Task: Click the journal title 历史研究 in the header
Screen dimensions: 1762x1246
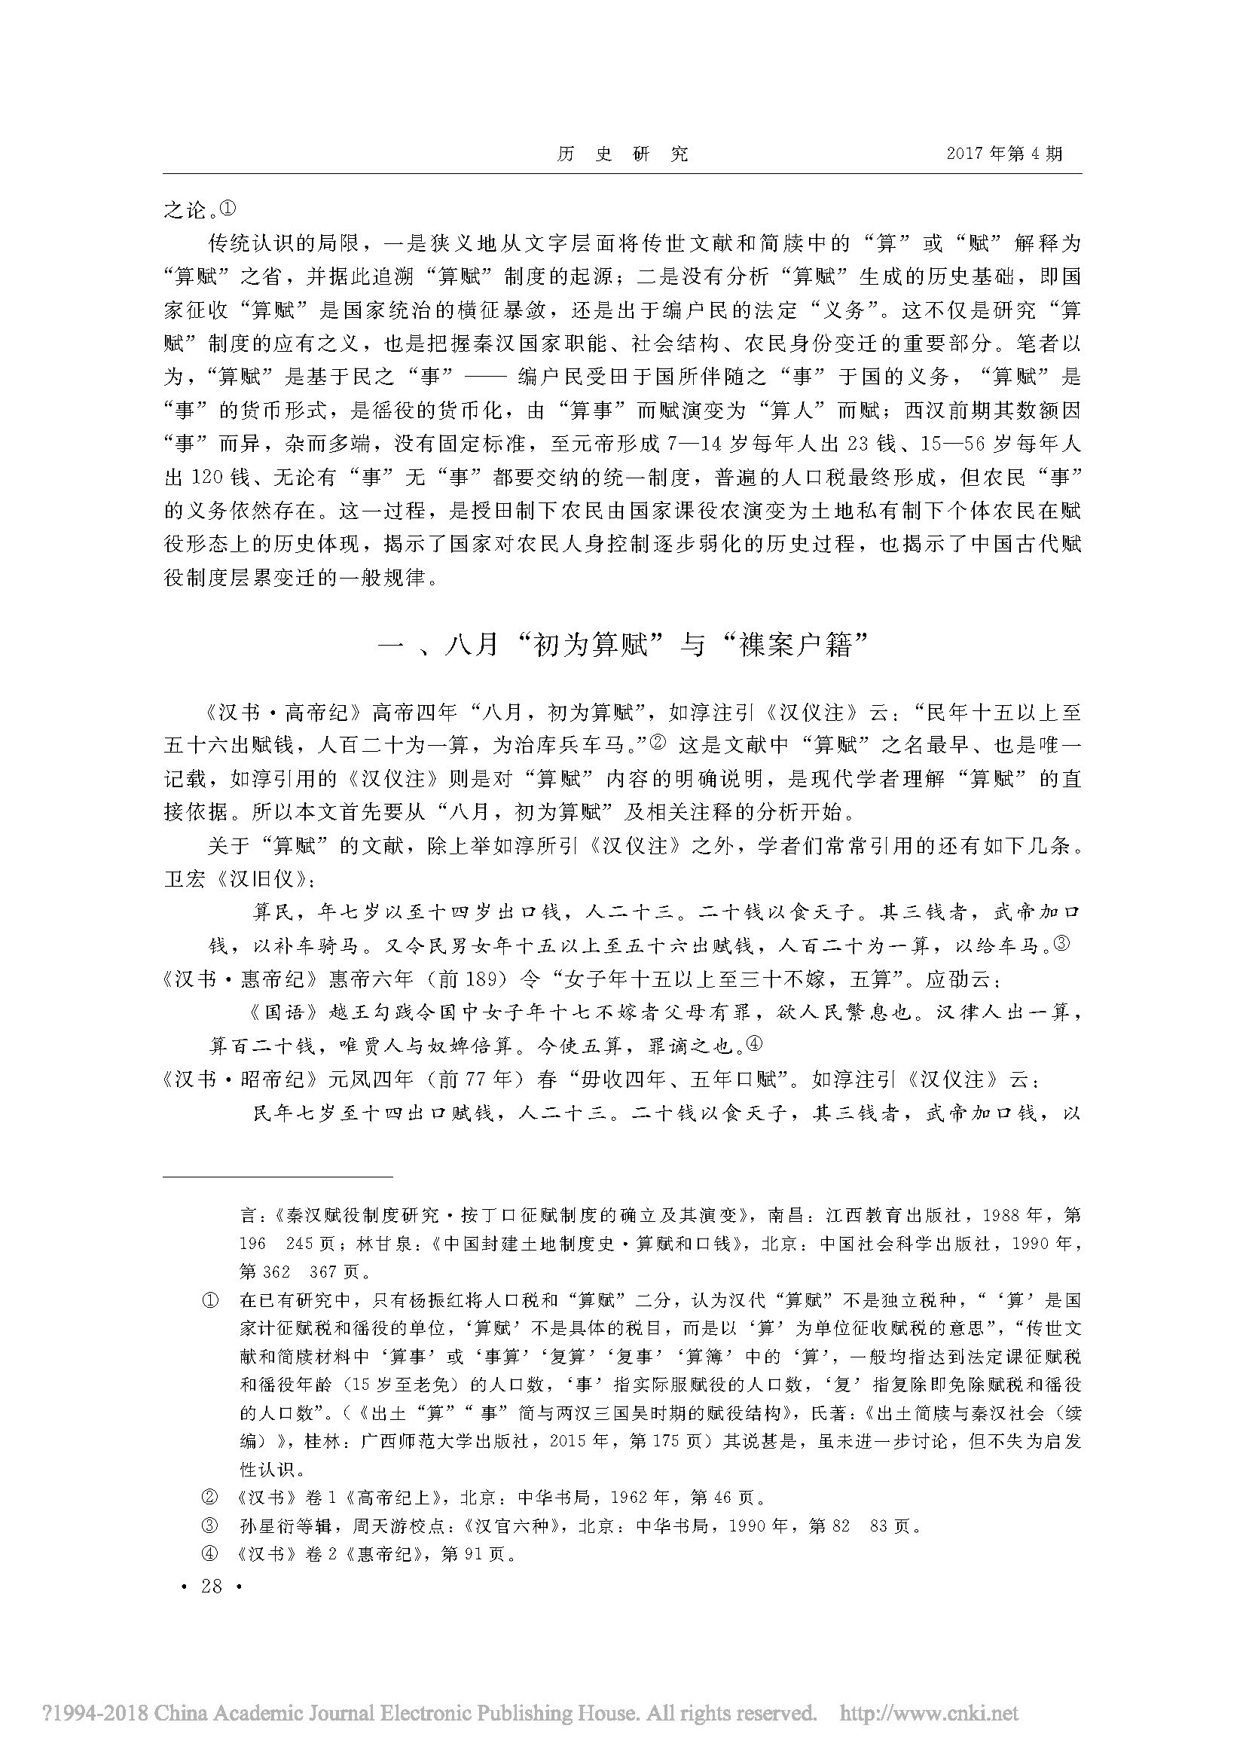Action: pos(622,154)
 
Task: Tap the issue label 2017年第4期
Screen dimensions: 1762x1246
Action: pos(1004,154)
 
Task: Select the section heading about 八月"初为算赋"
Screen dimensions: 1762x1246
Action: pos(622,646)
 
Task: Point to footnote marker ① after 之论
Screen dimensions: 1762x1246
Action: pos(231,207)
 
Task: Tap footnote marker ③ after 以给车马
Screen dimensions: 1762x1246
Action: pos(1061,944)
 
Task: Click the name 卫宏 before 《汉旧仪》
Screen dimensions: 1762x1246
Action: pos(185,878)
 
